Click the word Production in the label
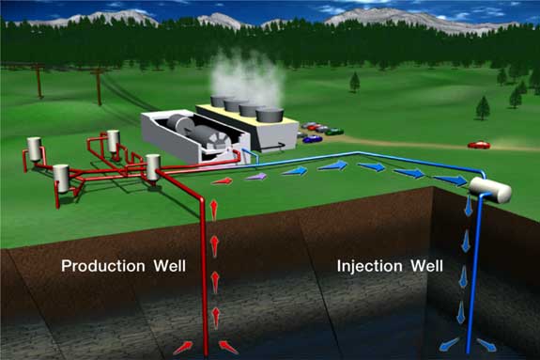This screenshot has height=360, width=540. pyautogui.click(x=103, y=266)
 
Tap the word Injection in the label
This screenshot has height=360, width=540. pyautogui.click(x=369, y=266)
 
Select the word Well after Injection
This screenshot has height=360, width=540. pyautogui.click(x=426, y=266)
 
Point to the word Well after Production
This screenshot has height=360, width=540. pyautogui.click(x=170, y=266)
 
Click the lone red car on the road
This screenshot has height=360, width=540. pyautogui.click(x=479, y=145)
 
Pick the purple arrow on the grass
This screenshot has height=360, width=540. pyautogui.click(x=255, y=178)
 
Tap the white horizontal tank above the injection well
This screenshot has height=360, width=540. pyautogui.click(x=490, y=190)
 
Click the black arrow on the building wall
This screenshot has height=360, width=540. pyautogui.click(x=274, y=147)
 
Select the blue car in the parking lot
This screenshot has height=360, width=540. pyautogui.click(x=313, y=139)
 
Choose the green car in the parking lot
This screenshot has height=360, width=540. pyautogui.click(x=334, y=132)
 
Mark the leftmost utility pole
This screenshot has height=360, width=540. pyautogui.click(x=39, y=82)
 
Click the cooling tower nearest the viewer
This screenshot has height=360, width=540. pyautogui.click(x=270, y=115)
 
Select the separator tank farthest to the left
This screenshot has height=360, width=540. pyautogui.click(x=34, y=149)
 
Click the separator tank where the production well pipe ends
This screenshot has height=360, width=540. pyautogui.click(x=153, y=167)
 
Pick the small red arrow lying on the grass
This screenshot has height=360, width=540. pyautogui.click(x=222, y=180)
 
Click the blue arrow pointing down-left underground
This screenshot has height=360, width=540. pyautogui.click(x=450, y=343)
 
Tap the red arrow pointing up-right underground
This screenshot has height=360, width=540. pyautogui.click(x=183, y=348)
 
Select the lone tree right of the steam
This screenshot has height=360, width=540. pyautogui.click(x=355, y=82)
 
